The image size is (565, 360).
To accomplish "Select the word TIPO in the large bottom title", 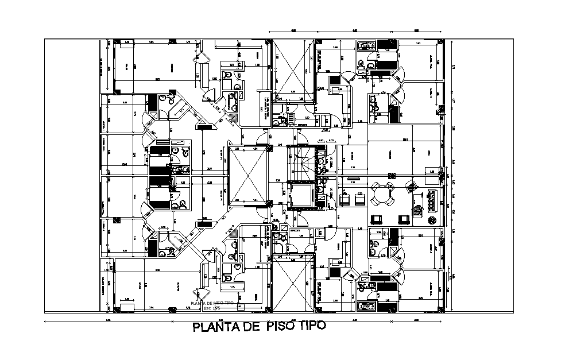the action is click(312, 326).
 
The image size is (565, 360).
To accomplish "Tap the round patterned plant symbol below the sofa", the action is click(432, 220).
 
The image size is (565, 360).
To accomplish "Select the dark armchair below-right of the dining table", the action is click(403, 218).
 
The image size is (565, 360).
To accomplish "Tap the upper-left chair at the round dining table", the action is click(374, 187).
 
